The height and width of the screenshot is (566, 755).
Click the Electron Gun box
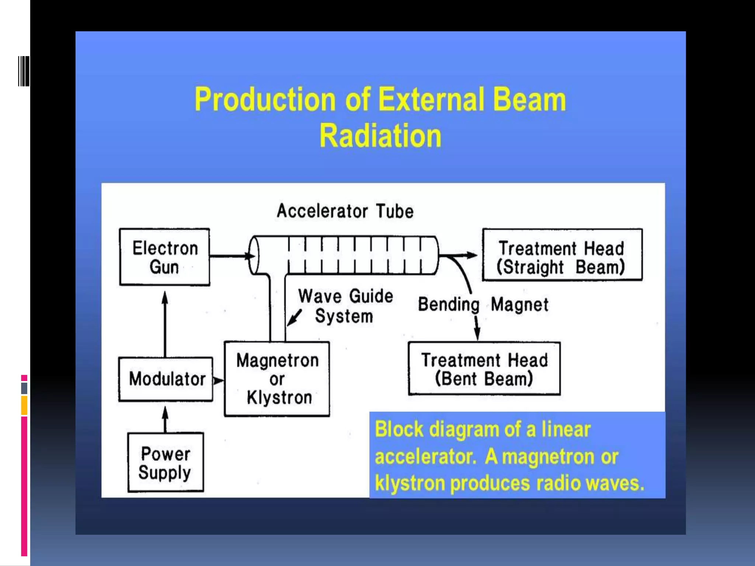[165, 257]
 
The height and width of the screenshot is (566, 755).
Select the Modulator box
[166, 379]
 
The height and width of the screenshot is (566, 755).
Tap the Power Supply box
[165, 462]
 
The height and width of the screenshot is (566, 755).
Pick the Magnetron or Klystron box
[277, 379]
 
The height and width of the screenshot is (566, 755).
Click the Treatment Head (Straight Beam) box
[562, 255]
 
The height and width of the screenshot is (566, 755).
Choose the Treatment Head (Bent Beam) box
[484, 368]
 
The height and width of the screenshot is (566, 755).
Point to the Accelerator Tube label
[345, 211]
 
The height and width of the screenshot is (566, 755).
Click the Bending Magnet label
[483, 305]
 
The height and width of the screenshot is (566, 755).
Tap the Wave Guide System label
[345, 306]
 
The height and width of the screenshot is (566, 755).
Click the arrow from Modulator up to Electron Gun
[165, 324]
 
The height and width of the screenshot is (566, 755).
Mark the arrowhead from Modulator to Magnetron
[219, 380]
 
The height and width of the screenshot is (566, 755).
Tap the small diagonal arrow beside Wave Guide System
[295, 318]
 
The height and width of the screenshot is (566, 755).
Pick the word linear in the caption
[566, 429]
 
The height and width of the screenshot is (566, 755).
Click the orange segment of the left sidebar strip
[24, 405]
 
